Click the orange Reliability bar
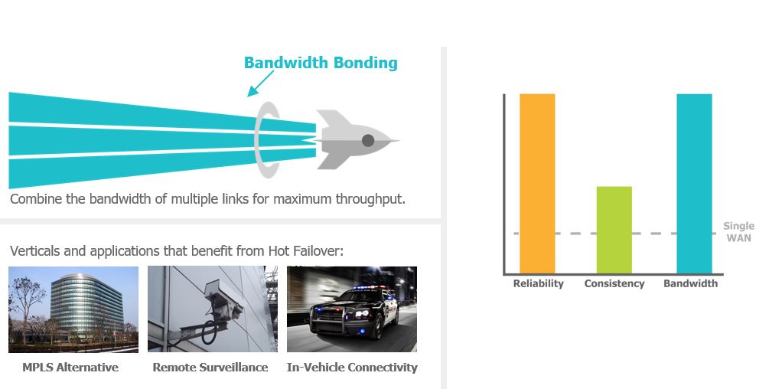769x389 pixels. (x=537, y=184)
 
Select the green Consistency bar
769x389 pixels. (x=614, y=230)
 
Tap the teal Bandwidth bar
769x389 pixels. (x=694, y=184)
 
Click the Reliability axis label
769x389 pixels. (x=539, y=283)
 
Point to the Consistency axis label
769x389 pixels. (x=614, y=283)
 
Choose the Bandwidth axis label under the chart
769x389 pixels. (x=690, y=283)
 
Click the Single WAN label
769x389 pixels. (x=738, y=231)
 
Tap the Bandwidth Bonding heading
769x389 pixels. (x=321, y=63)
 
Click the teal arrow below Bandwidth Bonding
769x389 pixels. (x=260, y=83)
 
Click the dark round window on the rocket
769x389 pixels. (x=368, y=141)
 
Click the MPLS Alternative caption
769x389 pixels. (x=70, y=368)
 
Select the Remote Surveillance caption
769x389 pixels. (x=210, y=368)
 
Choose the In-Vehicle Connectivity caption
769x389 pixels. (x=352, y=368)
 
